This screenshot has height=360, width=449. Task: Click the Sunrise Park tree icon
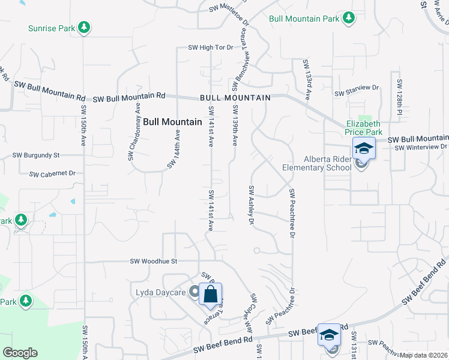[x=85, y=28]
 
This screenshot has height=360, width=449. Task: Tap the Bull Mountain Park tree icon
[x=348, y=19]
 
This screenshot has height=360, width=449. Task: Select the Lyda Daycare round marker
[x=194, y=292]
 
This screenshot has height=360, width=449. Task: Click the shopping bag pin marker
[x=211, y=295]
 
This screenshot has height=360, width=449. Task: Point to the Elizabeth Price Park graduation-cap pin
[x=364, y=148]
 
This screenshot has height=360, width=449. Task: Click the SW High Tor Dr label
[x=210, y=47]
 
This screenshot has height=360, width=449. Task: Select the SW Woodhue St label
[x=155, y=261]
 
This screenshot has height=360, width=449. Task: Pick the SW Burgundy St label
[x=36, y=155]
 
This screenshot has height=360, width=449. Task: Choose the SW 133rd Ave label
[x=307, y=79]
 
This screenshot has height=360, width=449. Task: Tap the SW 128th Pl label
[x=399, y=96]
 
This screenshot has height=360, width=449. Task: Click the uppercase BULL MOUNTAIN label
[x=235, y=97]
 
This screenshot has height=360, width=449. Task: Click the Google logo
[x=20, y=353]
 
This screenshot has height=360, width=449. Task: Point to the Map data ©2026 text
[x=423, y=355]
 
